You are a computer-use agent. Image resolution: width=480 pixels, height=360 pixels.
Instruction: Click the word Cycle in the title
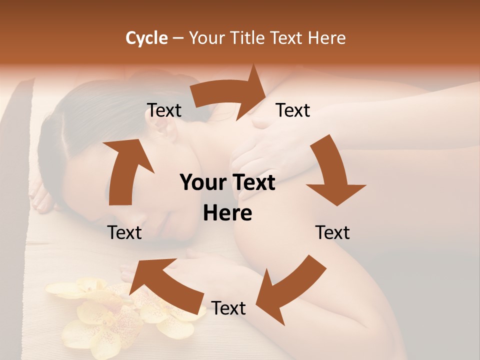click(x=146, y=38)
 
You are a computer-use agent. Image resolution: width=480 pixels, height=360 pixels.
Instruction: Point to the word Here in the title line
click(x=326, y=38)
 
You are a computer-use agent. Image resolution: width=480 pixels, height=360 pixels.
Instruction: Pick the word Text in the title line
click(x=286, y=38)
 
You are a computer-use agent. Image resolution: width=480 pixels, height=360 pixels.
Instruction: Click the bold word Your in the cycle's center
click(x=202, y=183)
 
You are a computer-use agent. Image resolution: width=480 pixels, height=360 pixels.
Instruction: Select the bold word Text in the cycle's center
click(x=252, y=183)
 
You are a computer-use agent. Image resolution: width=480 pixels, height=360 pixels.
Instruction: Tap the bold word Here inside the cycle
click(x=227, y=213)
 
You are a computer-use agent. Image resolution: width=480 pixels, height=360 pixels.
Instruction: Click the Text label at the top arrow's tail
click(x=164, y=110)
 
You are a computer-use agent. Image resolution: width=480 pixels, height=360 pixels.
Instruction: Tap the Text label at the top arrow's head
click(x=293, y=110)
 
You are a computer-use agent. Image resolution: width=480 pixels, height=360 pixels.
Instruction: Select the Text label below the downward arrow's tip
click(x=332, y=232)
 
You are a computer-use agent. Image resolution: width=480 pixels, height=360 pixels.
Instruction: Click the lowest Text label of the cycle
click(x=228, y=308)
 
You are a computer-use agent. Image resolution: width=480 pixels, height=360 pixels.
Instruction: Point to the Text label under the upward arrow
click(x=124, y=232)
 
